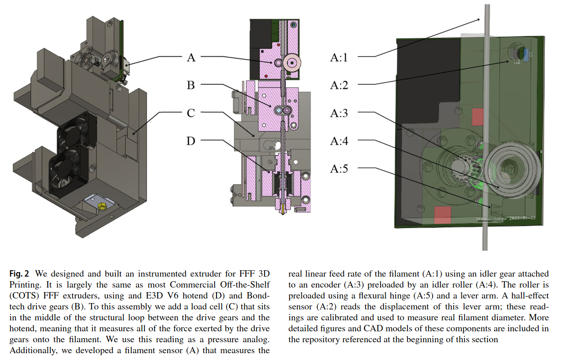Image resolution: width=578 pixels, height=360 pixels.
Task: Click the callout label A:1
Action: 339,57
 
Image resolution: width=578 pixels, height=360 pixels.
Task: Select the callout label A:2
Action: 339,85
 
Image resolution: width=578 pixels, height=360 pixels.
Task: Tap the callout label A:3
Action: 339,113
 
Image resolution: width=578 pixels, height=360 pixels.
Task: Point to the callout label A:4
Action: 339,141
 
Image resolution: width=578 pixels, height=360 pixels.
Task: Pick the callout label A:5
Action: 339,169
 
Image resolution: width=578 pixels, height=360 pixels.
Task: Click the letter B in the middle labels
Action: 191,85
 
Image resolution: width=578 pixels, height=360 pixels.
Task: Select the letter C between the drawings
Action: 191,113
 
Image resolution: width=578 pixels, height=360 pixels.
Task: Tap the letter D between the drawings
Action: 191,141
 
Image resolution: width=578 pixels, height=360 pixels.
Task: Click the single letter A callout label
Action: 191,57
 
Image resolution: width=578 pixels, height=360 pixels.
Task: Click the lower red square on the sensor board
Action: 443,215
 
